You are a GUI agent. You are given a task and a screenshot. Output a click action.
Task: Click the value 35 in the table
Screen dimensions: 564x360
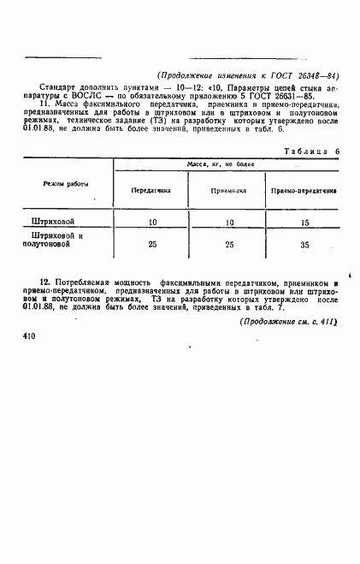tap(304, 245)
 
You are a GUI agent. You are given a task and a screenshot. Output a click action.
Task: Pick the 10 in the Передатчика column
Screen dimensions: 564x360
tap(153, 223)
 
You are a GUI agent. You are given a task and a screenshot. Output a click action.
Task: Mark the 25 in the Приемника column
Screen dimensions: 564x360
tap(228, 245)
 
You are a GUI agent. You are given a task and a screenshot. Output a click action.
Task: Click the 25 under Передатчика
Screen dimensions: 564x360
tap(153, 245)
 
